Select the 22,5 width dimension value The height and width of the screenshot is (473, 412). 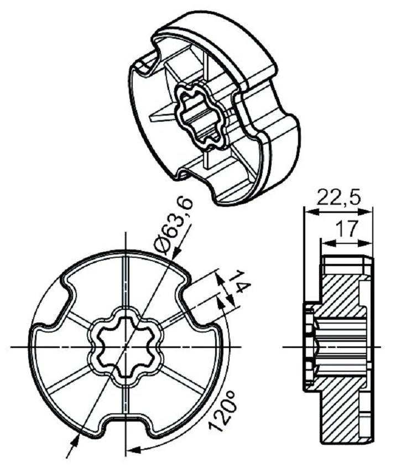pyautogui.click(x=338, y=197)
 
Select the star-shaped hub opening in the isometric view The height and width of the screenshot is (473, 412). pyautogui.click(x=202, y=115)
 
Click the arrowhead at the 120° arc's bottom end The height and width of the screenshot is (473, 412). pyautogui.click(x=132, y=449)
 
